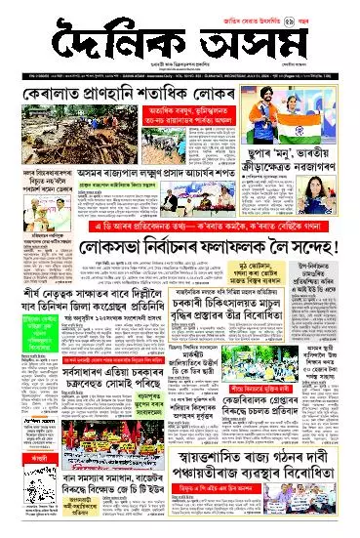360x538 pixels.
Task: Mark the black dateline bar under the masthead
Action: point(180,67)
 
